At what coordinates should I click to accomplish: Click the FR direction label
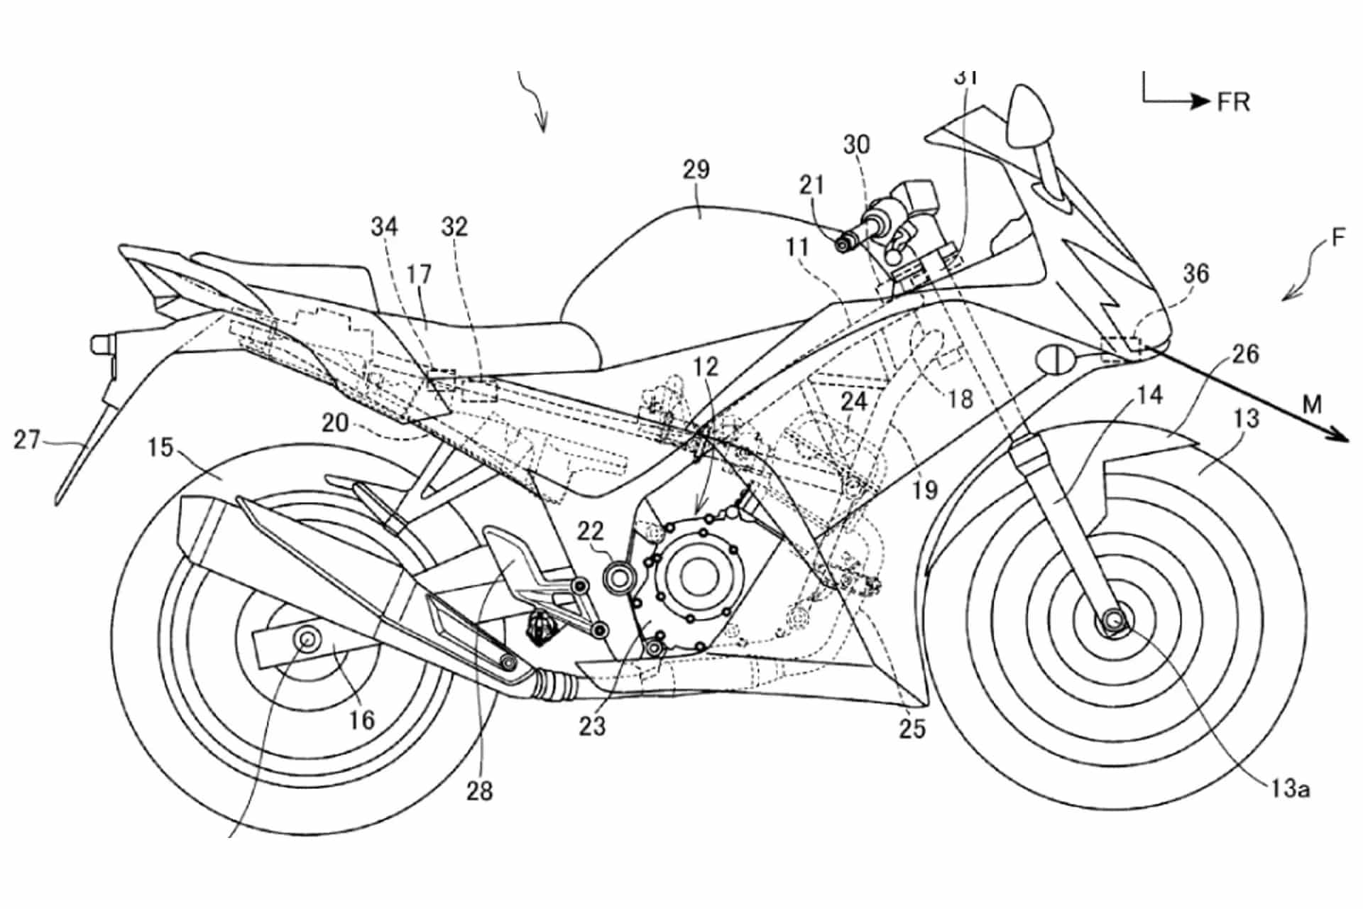pos(1233,102)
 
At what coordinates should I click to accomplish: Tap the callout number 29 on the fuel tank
pos(696,170)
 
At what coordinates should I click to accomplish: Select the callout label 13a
pos(1291,788)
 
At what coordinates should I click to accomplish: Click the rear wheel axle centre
pos(308,638)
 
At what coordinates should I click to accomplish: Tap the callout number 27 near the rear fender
pos(27,440)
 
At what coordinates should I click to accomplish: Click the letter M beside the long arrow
pos(1312,405)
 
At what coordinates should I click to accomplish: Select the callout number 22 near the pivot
pos(590,530)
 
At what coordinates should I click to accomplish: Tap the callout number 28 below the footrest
pos(479,790)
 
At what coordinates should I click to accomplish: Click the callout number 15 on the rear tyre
pos(160,448)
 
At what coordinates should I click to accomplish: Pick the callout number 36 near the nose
pos(1195,273)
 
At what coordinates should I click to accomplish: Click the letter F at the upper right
pos(1338,238)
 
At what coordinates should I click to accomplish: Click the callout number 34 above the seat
pos(385,227)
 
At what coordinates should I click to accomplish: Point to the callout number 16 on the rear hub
pos(361,720)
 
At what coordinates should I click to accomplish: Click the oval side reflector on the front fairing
pos(1056,358)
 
